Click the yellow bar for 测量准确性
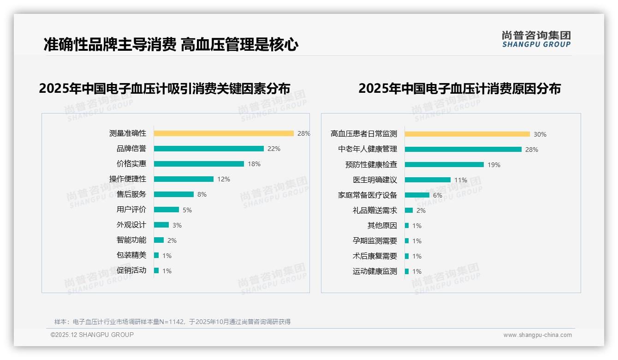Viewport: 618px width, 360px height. (224, 133)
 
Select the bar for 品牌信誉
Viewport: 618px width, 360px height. (208, 149)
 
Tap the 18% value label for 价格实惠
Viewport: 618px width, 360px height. (254, 164)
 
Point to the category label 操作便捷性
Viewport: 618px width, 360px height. (128, 179)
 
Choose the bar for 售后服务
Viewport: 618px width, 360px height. (174, 194)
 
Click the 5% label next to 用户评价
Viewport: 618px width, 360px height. (187, 210)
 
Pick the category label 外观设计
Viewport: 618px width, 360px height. (131, 225)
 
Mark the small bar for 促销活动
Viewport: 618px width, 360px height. (156, 270)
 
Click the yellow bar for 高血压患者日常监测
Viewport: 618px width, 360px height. (467, 134)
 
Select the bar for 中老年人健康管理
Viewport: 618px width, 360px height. (463, 149)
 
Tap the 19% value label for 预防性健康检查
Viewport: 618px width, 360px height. (494, 165)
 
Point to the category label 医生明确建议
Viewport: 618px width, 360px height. (375, 180)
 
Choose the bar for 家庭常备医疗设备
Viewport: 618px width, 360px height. (417, 195)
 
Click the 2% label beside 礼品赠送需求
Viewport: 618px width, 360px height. (421, 210)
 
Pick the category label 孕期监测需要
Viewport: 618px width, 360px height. (375, 241)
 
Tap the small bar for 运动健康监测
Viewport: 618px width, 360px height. (407, 271)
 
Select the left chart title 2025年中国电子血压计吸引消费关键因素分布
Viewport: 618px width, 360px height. (165, 89)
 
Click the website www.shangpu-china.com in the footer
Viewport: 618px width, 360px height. (537, 335)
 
